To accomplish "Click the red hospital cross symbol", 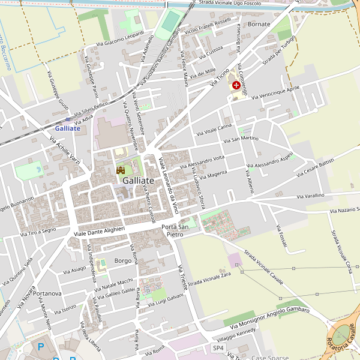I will tap(236, 86).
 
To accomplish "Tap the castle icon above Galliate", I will tap(120, 170).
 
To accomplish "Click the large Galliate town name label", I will tap(138, 181).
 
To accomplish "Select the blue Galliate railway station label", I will tap(67, 128).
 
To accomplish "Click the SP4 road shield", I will tap(218, 348).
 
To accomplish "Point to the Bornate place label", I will tap(259, 24).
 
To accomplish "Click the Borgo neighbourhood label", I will tap(122, 260).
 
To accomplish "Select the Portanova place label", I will tap(48, 293).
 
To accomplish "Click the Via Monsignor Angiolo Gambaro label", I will tap(270, 317).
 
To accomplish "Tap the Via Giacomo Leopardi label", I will tap(120, 41).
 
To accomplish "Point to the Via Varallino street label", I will tap(310, 196).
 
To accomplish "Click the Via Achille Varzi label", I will tap(65, 152).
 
